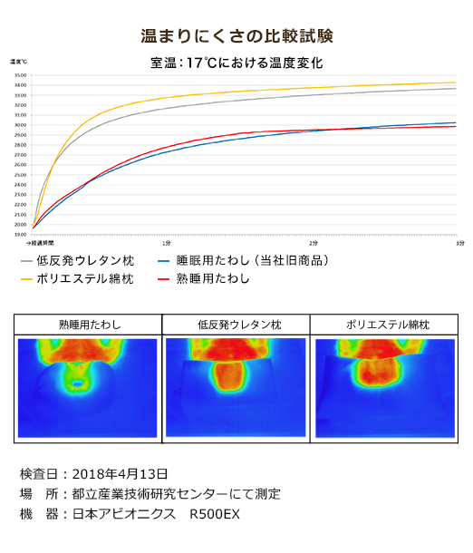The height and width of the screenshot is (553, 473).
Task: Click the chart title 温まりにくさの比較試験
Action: pos(236,36)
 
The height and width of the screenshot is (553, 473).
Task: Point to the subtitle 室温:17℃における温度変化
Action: pos(236,63)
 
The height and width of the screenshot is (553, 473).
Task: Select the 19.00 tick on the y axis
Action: pos(19,234)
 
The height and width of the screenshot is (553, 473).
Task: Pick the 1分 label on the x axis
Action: pos(167,243)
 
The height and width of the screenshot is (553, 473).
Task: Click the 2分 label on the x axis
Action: pos(314,243)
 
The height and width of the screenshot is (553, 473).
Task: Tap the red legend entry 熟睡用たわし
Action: pos(212,278)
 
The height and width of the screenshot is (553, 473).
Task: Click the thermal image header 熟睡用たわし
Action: pos(89,325)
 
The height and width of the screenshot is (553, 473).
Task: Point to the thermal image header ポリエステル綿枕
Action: pos(384,325)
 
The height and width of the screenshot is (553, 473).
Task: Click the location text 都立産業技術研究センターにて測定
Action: pos(175,494)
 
